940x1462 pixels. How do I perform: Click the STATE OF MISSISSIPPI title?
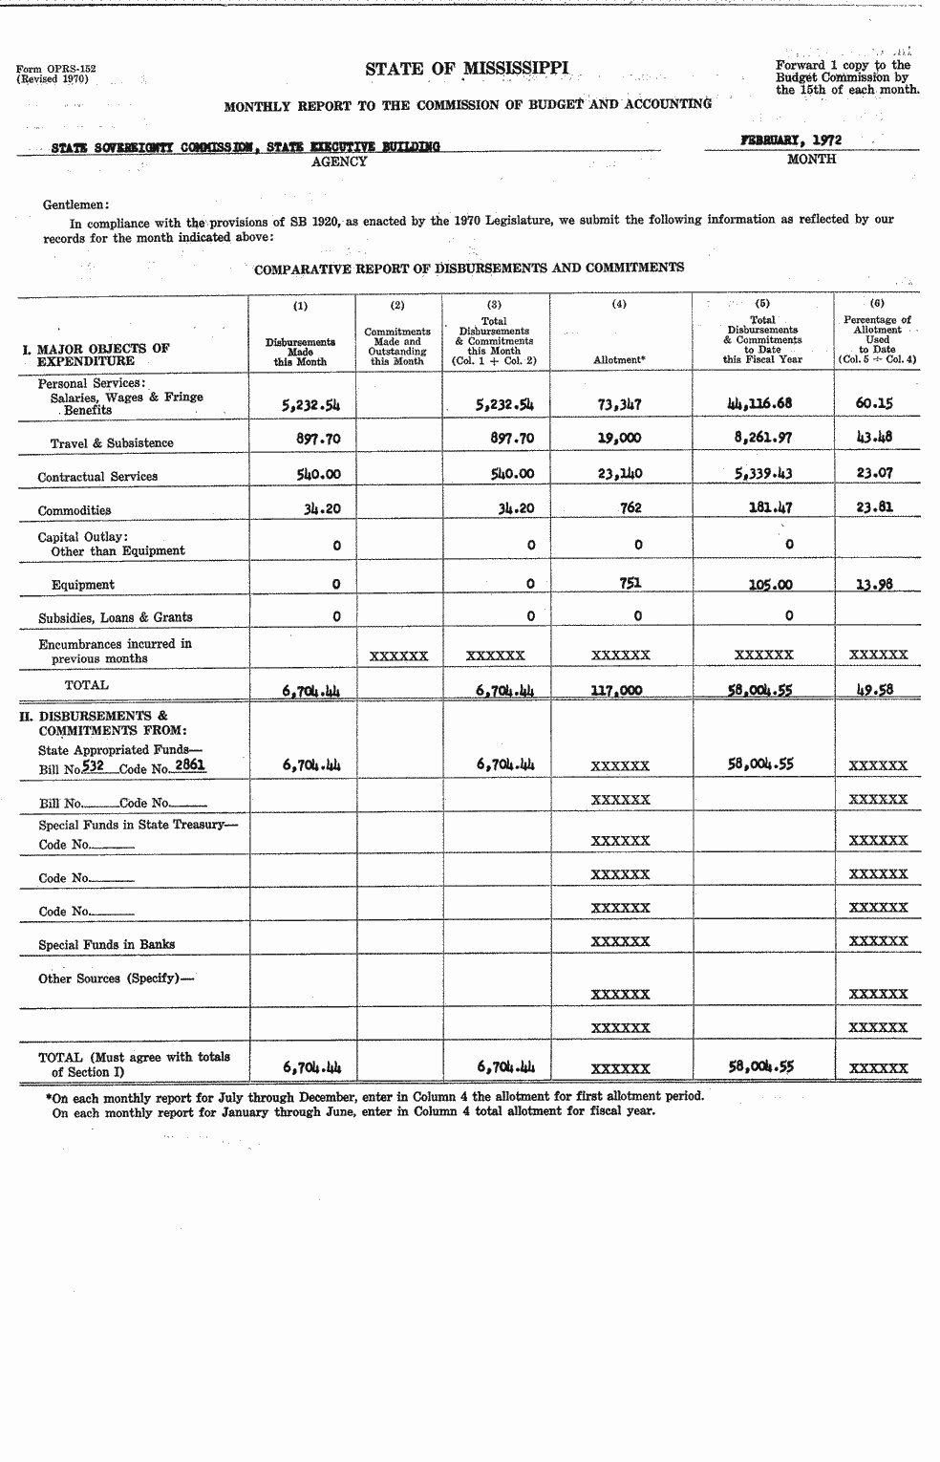pyautogui.click(x=466, y=68)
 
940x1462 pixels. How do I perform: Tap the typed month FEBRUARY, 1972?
pyautogui.click(x=790, y=140)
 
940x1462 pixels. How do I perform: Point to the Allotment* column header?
pyautogui.click(x=620, y=360)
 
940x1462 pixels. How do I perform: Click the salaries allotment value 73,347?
pyautogui.click(x=619, y=403)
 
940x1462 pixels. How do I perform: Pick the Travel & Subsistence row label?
pyautogui.click(x=112, y=442)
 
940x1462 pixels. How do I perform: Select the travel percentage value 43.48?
pyautogui.click(x=875, y=438)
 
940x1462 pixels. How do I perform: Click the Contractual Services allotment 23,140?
pyautogui.click(x=619, y=473)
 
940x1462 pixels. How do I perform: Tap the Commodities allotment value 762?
pyautogui.click(x=630, y=507)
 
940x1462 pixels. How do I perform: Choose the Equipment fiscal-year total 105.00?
pyautogui.click(x=771, y=585)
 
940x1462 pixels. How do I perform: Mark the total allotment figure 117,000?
pyautogui.click(x=616, y=690)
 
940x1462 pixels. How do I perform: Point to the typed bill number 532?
pyautogui.click(x=93, y=765)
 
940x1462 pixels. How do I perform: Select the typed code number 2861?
pyautogui.click(x=190, y=765)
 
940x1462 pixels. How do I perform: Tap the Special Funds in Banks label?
pyautogui.click(x=106, y=944)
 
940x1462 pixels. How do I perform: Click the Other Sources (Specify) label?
pyautogui.click(x=109, y=978)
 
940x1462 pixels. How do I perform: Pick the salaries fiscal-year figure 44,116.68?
pyautogui.click(x=759, y=403)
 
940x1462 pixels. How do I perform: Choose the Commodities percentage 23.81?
pyautogui.click(x=875, y=507)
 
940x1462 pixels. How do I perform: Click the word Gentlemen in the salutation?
pyautogui.click(x=75, y=204)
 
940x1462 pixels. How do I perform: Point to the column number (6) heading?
pyautogui.click(x=877, y=303)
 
